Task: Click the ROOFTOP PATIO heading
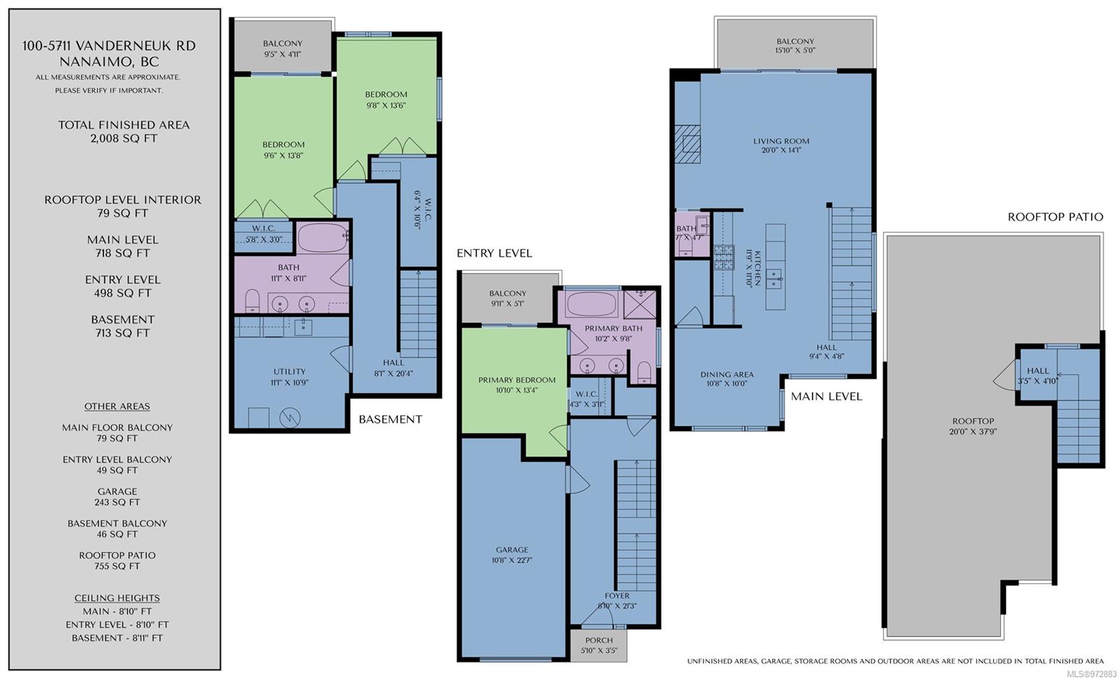coord(1055,217)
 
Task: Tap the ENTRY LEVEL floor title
coord(494,253)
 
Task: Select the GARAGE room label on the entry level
coord(512,550)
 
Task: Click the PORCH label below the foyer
coord(598,640)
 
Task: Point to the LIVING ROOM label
coord(781,141)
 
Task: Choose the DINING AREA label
coord(727,374)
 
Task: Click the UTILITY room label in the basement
coord(290,372)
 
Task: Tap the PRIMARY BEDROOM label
coord(517,380)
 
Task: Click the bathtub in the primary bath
coord(591,304)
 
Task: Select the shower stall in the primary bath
coord(640,304)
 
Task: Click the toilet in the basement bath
coord(253,300)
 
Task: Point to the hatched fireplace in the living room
coord(687,144)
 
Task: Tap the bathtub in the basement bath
coord(323,238)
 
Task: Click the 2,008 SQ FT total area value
coord(123,139)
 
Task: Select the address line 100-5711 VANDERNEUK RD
coord(109,46)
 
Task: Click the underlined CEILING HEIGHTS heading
coord(117,598)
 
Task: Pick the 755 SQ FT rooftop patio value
coord(117,566)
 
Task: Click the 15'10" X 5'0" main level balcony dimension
coord(795,50)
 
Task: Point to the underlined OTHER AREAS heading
coord(117,407)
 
